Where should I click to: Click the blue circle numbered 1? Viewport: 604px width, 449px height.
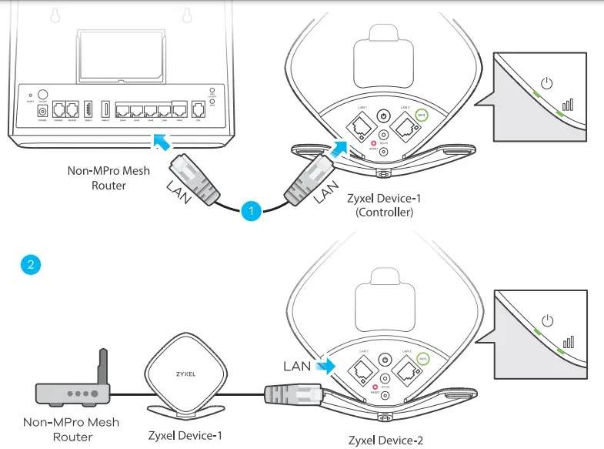click(x=249, y=209)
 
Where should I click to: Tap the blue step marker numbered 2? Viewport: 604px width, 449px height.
click(x=30, y=265)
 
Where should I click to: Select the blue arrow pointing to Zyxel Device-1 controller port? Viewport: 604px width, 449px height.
click(x=339, y=148)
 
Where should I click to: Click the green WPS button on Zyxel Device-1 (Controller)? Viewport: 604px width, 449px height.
click(x=422, y=116)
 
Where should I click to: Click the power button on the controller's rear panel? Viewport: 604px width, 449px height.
click(x=384, y=116)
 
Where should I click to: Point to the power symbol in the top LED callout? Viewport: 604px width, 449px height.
click(x=547, y=82)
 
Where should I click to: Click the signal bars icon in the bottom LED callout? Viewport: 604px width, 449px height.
click(x=569, y=341)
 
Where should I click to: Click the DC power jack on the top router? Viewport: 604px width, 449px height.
click(x=42, y=112)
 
